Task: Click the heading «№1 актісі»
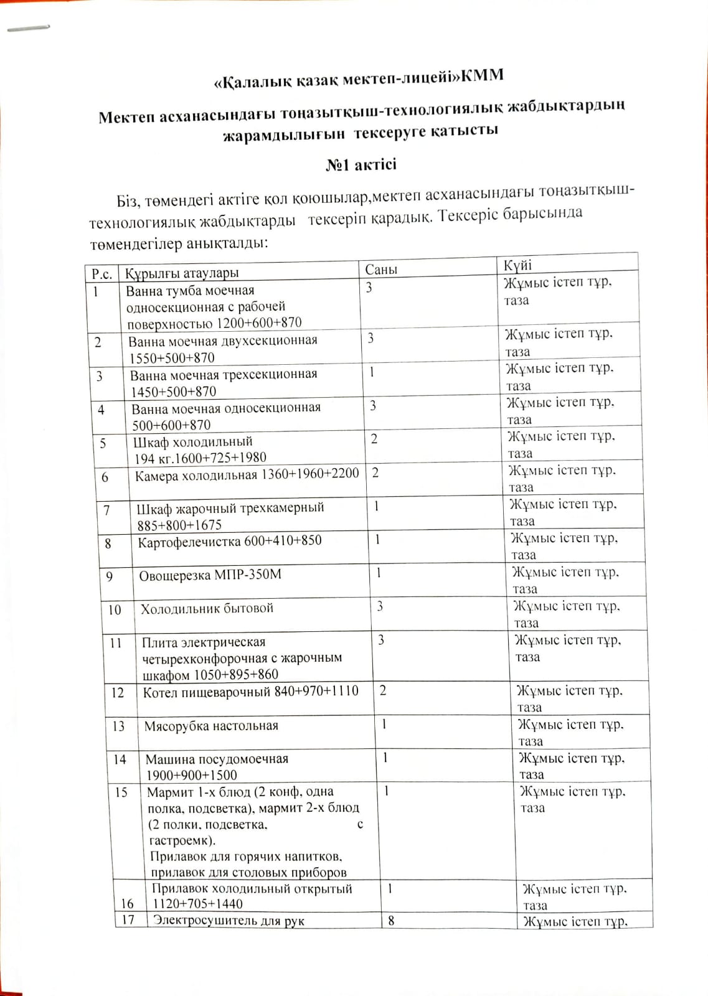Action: click(361, 165)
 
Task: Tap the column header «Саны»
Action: click(380, 270)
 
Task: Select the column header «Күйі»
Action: click(517, 265)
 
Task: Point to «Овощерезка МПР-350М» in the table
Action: click(210, 575)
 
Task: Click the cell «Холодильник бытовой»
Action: click(207, 609)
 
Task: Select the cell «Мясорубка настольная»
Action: click(211, 726)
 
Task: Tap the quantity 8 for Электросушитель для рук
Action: click(391, 920)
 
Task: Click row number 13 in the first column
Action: click(118, 726)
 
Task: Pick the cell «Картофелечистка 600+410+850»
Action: click(230, 541)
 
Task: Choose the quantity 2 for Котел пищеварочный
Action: click(382, 690)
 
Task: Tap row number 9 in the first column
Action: click(110, 576)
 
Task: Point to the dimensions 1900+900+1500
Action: click(192, 775)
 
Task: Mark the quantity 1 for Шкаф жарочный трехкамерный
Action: click(376, 506)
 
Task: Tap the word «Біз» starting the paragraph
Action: click(129, 201)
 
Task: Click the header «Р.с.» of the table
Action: click(101, 274)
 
